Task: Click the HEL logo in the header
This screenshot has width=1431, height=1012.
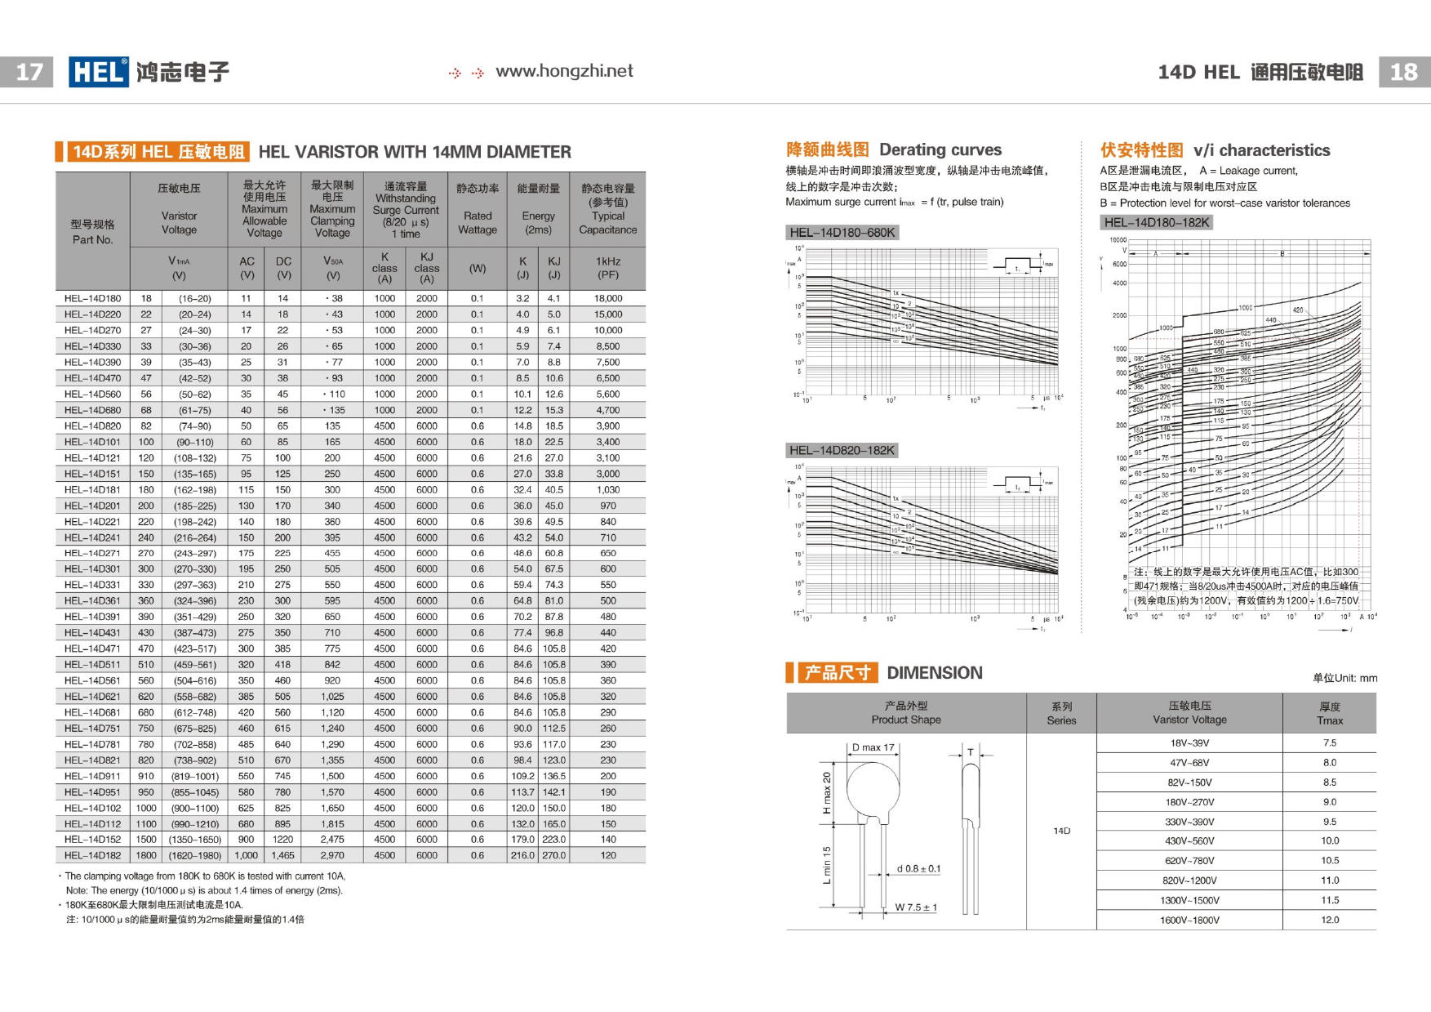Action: coord(99,72)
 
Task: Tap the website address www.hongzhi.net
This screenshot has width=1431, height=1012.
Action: coord(564,72)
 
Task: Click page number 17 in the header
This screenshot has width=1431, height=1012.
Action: coord(29,72)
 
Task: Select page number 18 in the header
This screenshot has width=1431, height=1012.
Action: coord(1403,72)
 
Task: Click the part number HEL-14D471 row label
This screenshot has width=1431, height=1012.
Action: coord(92,649)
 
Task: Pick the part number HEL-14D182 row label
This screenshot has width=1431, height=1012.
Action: coord(92,855)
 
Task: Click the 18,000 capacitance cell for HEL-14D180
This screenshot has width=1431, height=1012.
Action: coord(608,298)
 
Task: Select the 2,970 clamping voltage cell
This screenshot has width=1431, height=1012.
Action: coord(332,855)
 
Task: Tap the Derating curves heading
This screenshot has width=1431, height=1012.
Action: coord(940,149)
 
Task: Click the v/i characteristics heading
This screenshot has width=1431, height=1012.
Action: coord(1261,150)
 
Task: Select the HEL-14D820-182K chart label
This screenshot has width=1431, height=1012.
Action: coord(842,450)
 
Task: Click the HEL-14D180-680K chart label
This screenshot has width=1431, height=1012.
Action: coord(842,233)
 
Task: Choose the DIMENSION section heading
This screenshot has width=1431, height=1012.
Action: coord(934,673)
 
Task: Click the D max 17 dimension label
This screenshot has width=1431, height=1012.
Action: coord(873,747)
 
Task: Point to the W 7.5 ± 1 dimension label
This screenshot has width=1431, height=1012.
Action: coord(916,907)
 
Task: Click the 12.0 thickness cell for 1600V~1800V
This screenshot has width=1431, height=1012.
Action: coord(1330,920)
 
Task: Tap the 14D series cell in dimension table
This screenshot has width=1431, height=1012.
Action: coord(1061,831)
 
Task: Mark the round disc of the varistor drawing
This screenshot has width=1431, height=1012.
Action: coord(872,789)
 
